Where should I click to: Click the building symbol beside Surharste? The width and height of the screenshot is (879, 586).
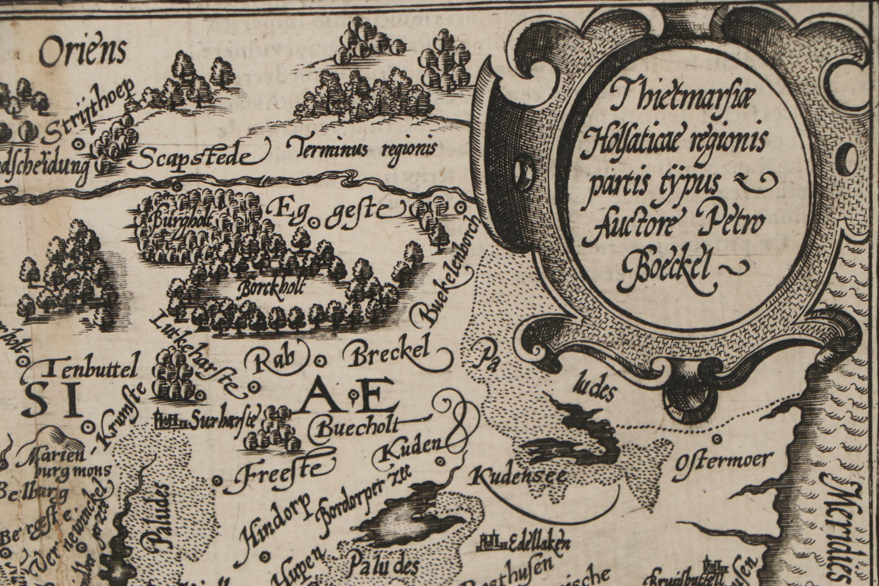tap(169, 422)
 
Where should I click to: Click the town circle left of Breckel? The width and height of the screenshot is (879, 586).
tap(320, 361)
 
